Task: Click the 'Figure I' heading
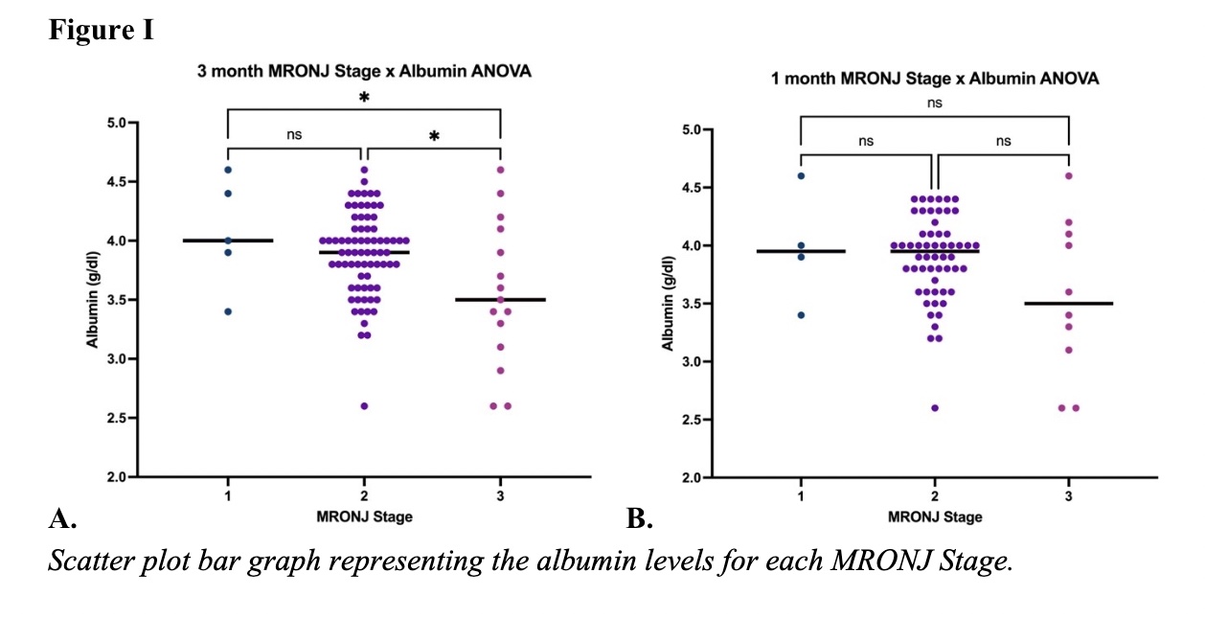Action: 101,31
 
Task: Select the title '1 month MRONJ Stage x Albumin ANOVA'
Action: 934,79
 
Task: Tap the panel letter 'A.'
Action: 62,520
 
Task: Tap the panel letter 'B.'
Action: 639,520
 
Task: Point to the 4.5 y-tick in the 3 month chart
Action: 115,182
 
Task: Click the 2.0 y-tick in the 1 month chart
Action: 691,478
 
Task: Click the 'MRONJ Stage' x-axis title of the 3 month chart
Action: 365,517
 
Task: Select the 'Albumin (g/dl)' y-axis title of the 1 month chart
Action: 669,302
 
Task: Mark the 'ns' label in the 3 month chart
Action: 294,135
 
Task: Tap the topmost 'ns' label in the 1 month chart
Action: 934,103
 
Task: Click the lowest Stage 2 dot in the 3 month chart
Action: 364,406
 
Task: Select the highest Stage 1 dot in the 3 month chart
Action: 228,170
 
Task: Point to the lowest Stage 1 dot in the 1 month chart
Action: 801,314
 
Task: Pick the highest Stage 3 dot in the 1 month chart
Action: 1068,175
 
